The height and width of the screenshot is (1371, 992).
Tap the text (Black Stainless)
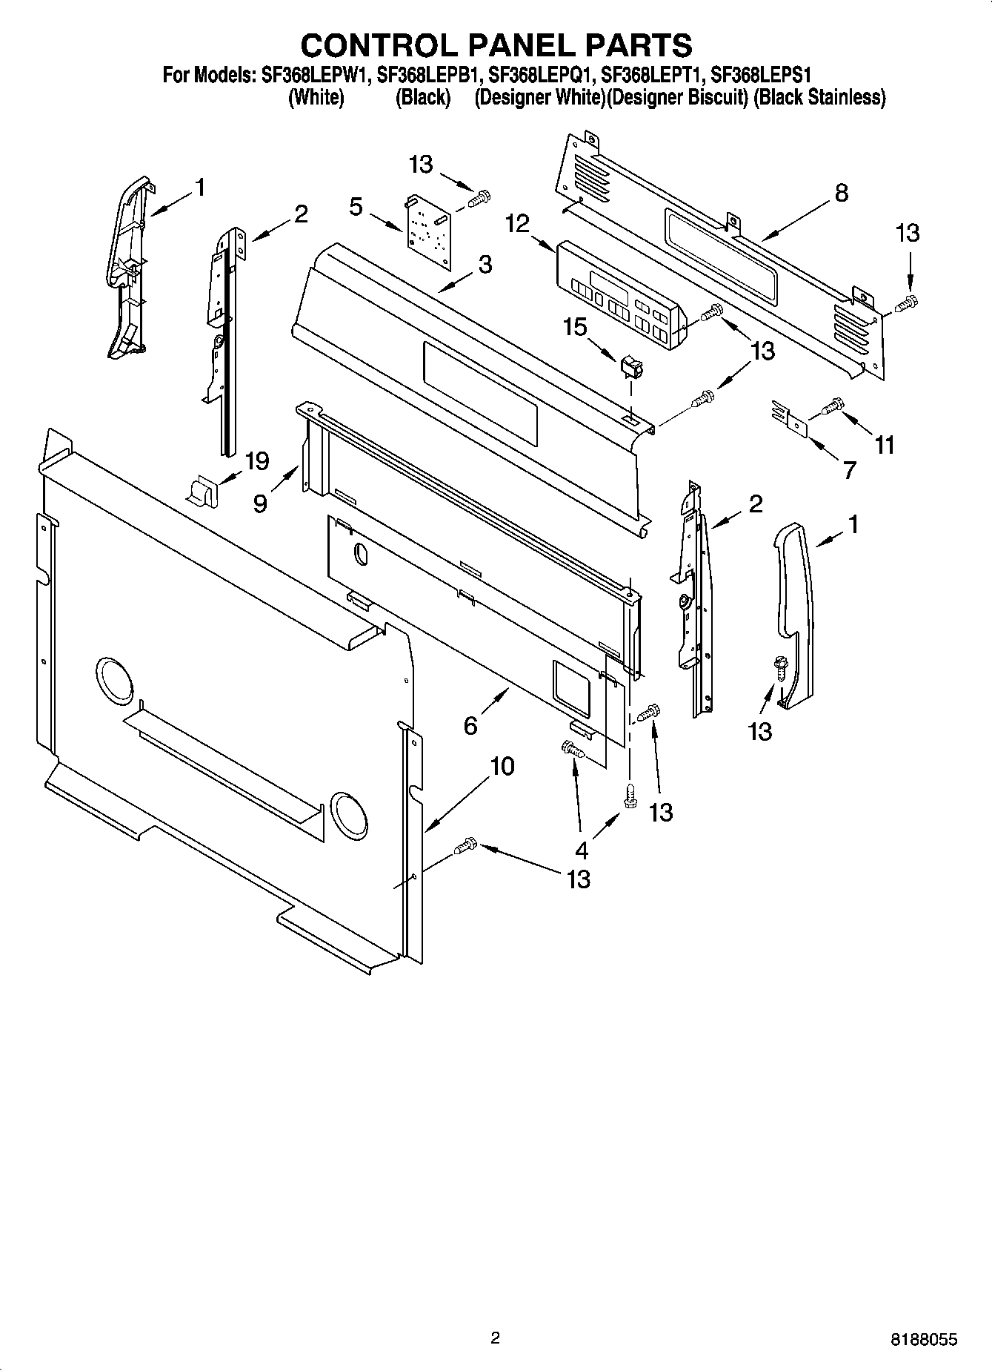coord(819,97)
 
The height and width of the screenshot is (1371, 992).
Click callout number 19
coord(256,461)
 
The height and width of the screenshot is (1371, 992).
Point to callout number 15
coord(575,327)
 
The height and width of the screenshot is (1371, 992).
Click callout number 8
coord(841,194)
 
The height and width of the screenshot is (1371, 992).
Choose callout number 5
coord(356,207)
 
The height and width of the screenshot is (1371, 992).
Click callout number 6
coord(470,725)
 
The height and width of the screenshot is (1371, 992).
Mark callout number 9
coord(260,503)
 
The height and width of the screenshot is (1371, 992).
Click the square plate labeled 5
coord(428,225)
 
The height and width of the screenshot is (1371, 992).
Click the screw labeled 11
coord(833,405)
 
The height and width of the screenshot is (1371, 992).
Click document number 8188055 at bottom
coord(923,1339)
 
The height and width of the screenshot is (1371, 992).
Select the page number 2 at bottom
coord(495,1338)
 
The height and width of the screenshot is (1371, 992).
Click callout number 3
coord(485,264)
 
